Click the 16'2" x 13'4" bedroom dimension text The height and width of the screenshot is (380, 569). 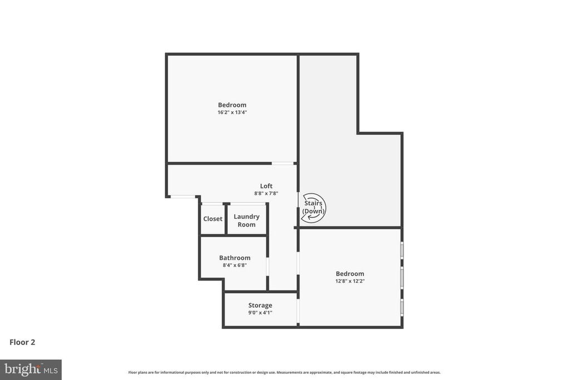click(232, 112)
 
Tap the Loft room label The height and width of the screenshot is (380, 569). click(266, 186)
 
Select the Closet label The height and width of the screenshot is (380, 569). click(213, 219)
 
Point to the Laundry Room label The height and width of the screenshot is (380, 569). click(247, 220)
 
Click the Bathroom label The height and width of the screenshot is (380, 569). click(234, 258)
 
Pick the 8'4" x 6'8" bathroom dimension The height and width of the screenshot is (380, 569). click(234, 265)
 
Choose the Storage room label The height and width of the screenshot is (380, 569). click(260, 305)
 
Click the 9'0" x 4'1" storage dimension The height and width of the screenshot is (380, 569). click(260, 313)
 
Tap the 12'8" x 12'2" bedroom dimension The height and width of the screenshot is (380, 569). click(350, 282)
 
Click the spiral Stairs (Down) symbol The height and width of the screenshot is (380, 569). click(313, 208)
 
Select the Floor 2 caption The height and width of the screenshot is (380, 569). click(22, 342)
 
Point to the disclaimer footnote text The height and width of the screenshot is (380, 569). click(284, 372)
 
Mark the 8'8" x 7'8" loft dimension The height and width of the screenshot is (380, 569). click(266, 194)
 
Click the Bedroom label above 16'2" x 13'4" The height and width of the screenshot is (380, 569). click(232, 105)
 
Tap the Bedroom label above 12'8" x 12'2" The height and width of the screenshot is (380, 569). click(350, 273)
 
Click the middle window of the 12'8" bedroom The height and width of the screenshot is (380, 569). click(402, 276)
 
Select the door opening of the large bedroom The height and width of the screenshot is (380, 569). click(283, 163)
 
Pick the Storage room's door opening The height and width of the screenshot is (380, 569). click(298, 312)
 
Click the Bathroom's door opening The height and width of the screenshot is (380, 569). click(267, 267)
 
